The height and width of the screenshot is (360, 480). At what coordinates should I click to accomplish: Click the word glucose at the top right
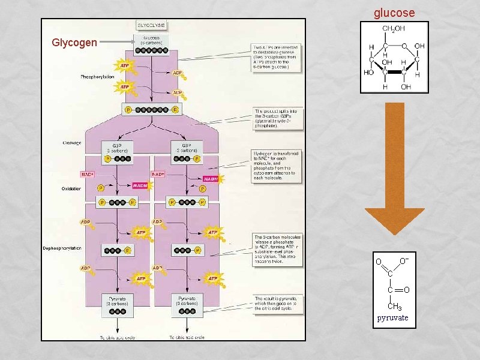(x=394, y=13)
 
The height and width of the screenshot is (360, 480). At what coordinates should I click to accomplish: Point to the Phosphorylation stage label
(x=98, y=77)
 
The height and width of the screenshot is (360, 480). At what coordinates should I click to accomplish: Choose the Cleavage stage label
(x=72, y=143)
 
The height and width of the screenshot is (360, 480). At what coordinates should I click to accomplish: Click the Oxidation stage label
(x=71, y=189)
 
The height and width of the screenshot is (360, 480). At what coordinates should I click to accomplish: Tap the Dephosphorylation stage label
(x=62, y=248)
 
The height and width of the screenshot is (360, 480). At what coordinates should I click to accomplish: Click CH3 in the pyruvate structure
(x=394, y=307)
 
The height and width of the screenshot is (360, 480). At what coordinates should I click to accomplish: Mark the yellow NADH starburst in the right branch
(x=211, y=179)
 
